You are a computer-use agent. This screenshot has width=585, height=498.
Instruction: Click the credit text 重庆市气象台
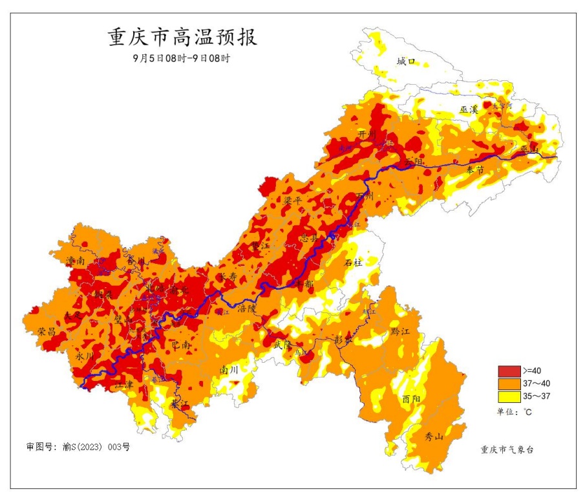click(x=508, y=449)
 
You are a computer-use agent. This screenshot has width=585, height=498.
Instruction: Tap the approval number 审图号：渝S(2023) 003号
click(x=78, y=447)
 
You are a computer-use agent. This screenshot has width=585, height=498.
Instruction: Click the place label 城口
click(x=406, y=61)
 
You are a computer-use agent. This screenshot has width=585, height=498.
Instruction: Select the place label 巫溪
click(x=468, y=110)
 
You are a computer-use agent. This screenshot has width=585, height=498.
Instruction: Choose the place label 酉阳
click(x=411, y=398)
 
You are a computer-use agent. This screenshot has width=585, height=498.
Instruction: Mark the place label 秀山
click(x=434, y=437)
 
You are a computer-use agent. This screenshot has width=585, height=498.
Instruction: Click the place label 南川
click(x=229, y=370)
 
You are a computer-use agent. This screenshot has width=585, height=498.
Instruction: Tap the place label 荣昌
click(x=47, y=330)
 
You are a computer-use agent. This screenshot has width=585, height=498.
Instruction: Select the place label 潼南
click(x=76, y=261)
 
